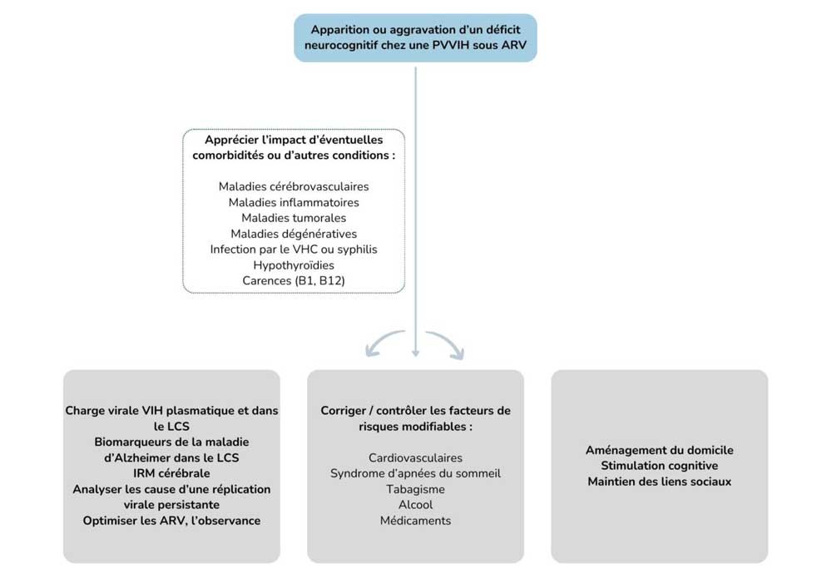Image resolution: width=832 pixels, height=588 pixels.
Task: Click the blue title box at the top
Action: point(415,37)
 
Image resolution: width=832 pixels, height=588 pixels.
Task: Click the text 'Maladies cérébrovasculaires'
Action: point(294,186)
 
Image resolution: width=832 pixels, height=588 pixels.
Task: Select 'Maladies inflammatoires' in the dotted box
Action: point(294,202)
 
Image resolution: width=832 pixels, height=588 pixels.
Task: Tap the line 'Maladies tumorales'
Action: point(294,218)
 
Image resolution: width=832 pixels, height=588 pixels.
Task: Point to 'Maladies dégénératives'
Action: point(294,234)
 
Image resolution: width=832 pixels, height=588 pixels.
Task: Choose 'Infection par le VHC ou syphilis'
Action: point(294,250)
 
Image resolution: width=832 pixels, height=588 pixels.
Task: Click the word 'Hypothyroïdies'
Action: point(294,265)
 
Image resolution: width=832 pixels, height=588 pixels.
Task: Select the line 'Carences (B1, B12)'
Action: point(294,281)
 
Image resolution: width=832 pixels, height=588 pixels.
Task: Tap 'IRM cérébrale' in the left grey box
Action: point(171,473)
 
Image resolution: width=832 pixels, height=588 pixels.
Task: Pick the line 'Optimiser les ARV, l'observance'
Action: point(171,521)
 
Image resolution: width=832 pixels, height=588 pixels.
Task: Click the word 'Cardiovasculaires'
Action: point(415,457)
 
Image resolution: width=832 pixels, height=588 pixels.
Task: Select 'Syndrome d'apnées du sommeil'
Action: point(415,473)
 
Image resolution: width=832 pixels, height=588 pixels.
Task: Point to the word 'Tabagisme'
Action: point(415,489)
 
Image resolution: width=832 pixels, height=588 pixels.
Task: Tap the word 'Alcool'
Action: point(415,505)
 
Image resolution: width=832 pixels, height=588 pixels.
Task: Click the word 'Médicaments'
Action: point(415,521)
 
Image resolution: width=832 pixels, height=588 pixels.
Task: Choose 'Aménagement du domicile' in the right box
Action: point(659,450)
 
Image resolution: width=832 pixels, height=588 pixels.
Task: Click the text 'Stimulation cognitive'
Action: point(659,466)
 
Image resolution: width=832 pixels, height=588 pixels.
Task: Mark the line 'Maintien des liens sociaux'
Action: point(659,482)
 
